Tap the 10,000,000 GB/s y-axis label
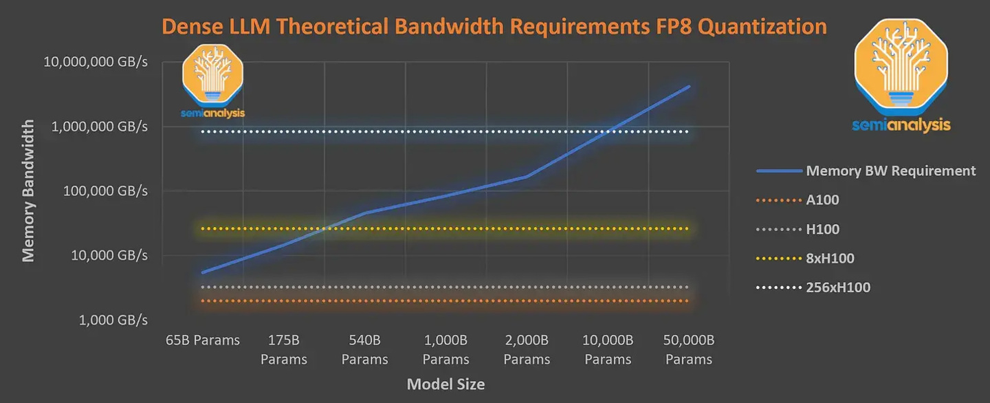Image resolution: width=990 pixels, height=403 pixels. coord(96,62)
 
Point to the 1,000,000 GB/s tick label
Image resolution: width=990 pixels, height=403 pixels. coord(99,127)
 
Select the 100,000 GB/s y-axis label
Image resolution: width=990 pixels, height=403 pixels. coord(104,191)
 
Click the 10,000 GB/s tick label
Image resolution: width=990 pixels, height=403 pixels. coord(108,256)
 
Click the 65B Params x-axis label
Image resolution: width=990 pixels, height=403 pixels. coord(203,340)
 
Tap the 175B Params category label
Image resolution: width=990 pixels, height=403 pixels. coord(284,349)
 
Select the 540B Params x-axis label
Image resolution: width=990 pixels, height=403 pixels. coord(365,349)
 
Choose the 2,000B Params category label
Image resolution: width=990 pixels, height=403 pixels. coord(527,349)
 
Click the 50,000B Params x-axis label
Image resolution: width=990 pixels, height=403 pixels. coord(689,349)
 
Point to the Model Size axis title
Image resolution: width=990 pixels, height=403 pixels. coord(445,384)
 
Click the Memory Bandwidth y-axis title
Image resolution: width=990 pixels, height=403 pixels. coord(28,190)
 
